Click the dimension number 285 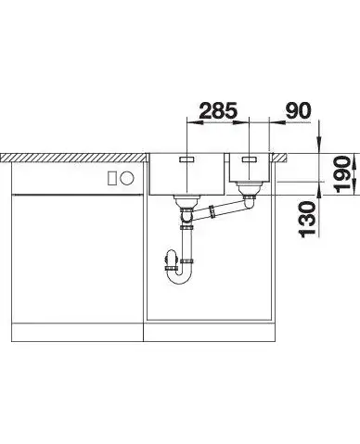point(218,110)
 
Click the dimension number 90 point(298,110)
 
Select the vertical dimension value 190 point(343,174)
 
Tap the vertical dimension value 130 point(307,219)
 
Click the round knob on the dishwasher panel point(127,178)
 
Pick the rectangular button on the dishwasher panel point(112,178)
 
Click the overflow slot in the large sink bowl point(186,159)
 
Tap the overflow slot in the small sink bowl point(249,159)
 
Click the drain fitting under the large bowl point(187,201)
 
